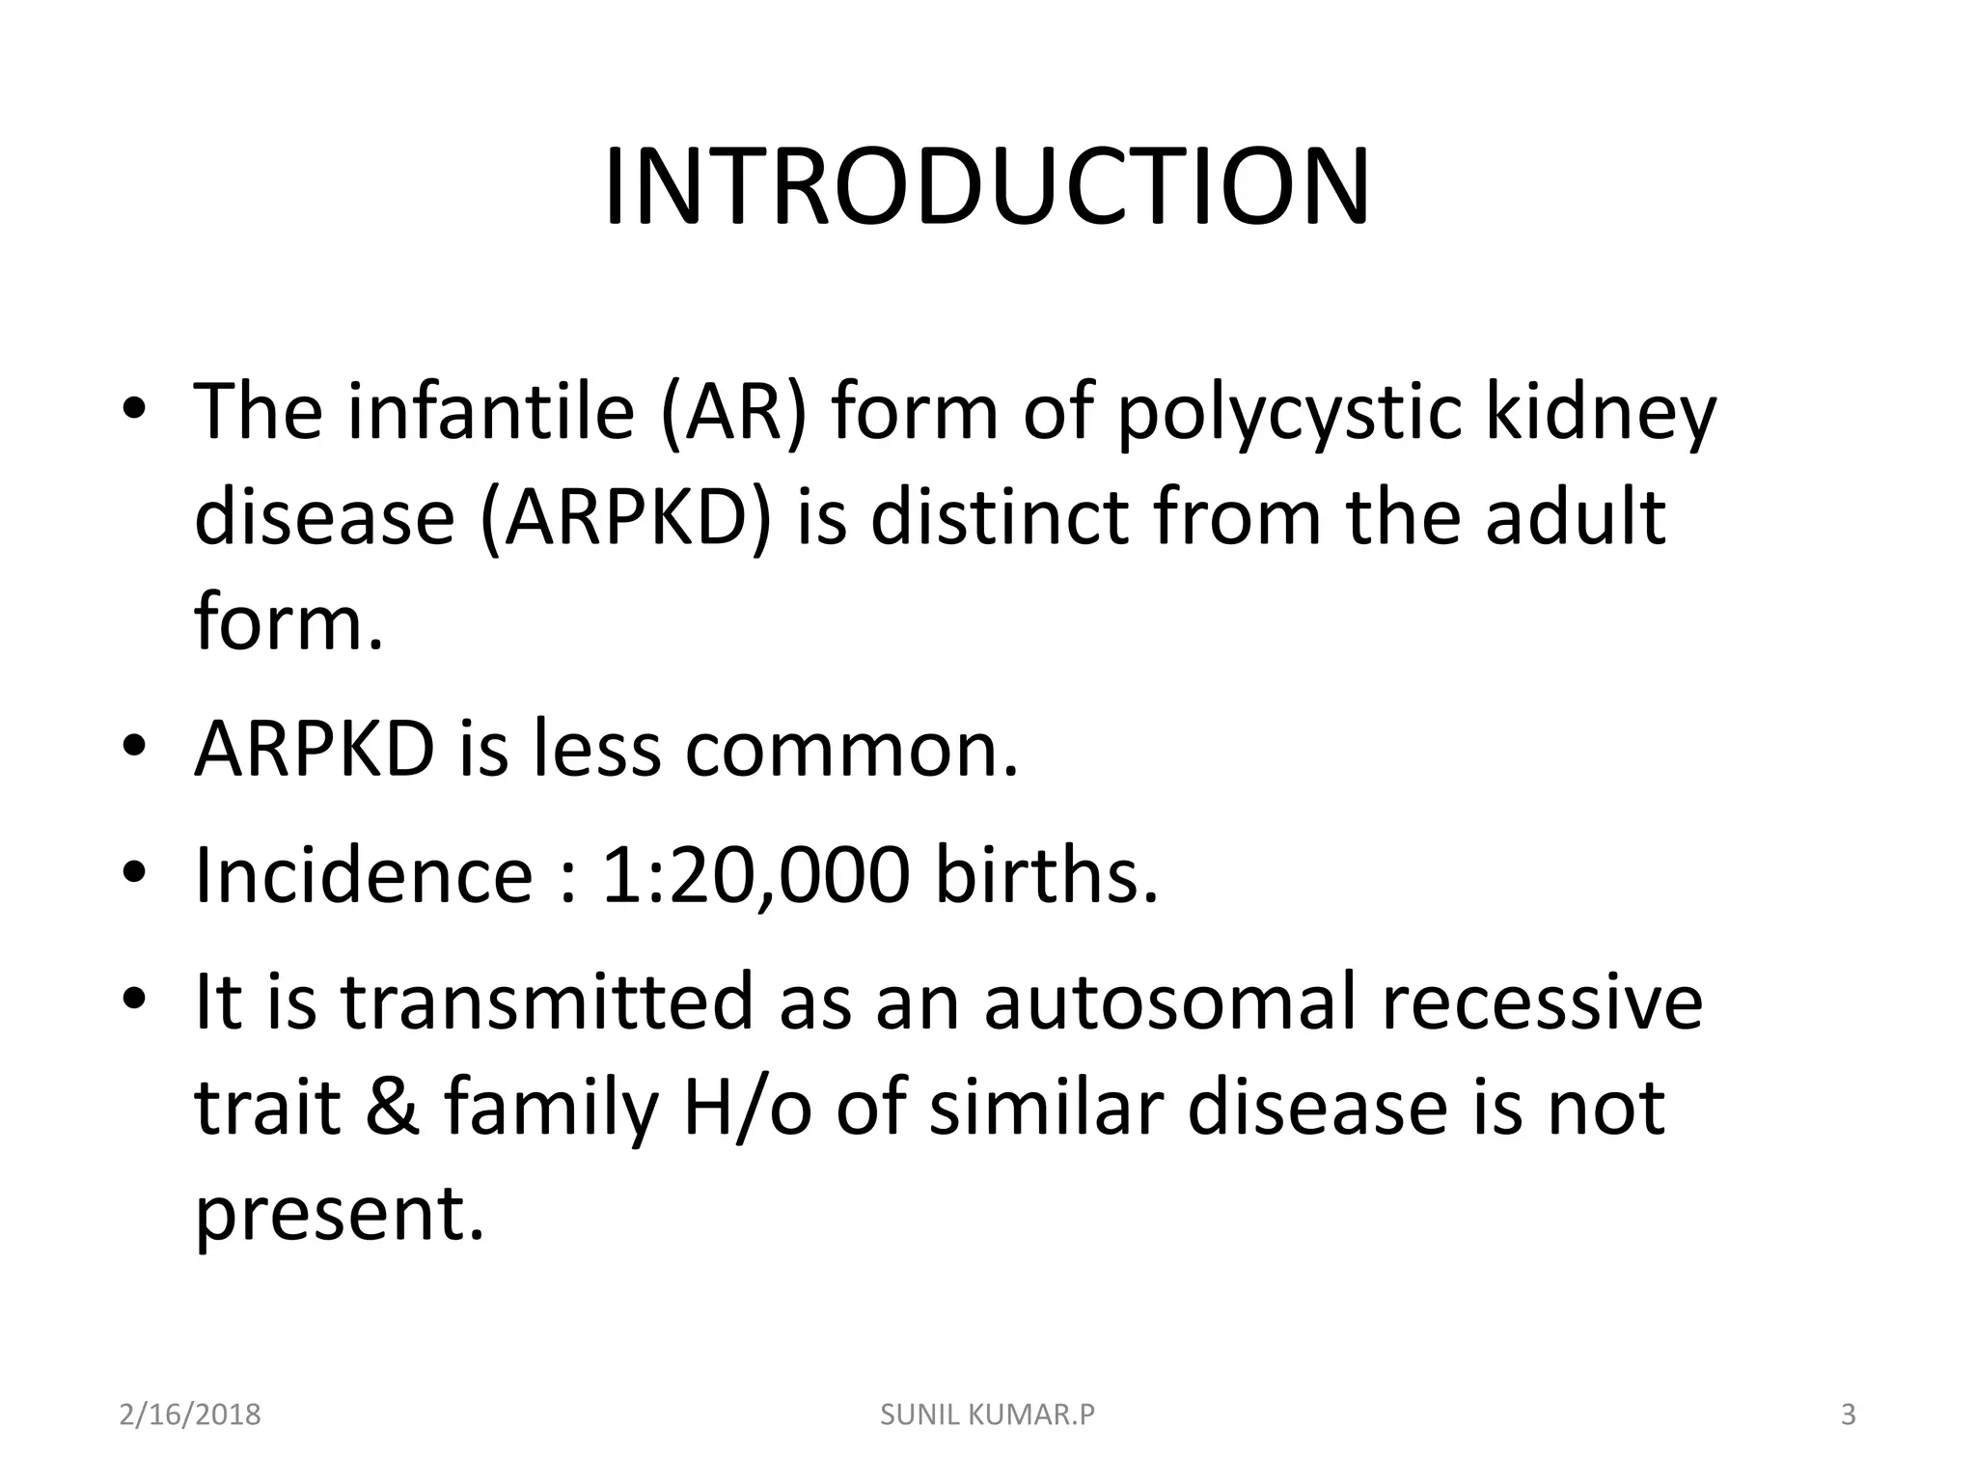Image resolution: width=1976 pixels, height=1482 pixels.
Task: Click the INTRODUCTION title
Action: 986,187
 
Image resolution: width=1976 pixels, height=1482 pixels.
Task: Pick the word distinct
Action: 1001,516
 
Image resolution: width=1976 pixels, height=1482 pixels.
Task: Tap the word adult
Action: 1575,516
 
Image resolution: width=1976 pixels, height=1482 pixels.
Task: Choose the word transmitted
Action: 547,1002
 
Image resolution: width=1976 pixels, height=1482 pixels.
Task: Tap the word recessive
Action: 1541,1003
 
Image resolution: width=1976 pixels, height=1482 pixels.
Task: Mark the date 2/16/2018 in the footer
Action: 190,1414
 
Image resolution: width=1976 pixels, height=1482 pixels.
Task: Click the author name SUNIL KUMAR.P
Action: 988,1414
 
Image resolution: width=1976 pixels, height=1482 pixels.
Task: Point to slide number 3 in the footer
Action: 1849,1414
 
